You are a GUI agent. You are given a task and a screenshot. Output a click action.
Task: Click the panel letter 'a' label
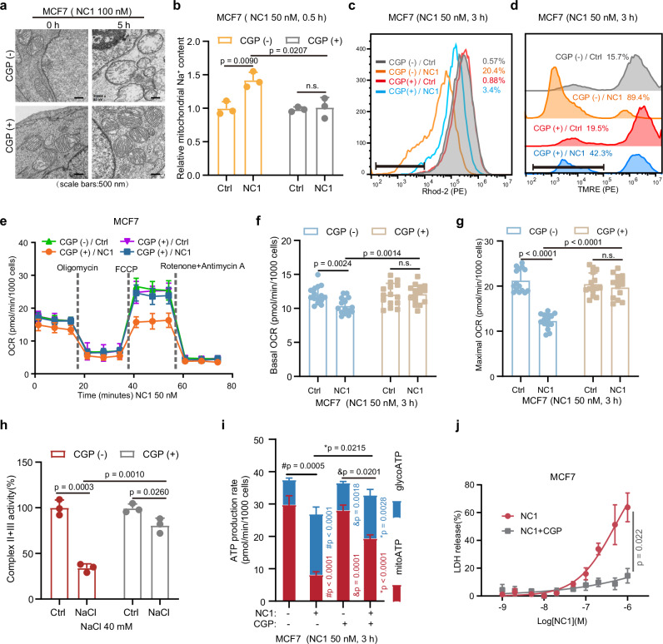7,7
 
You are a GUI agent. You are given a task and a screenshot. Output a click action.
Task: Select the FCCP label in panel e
138,268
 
